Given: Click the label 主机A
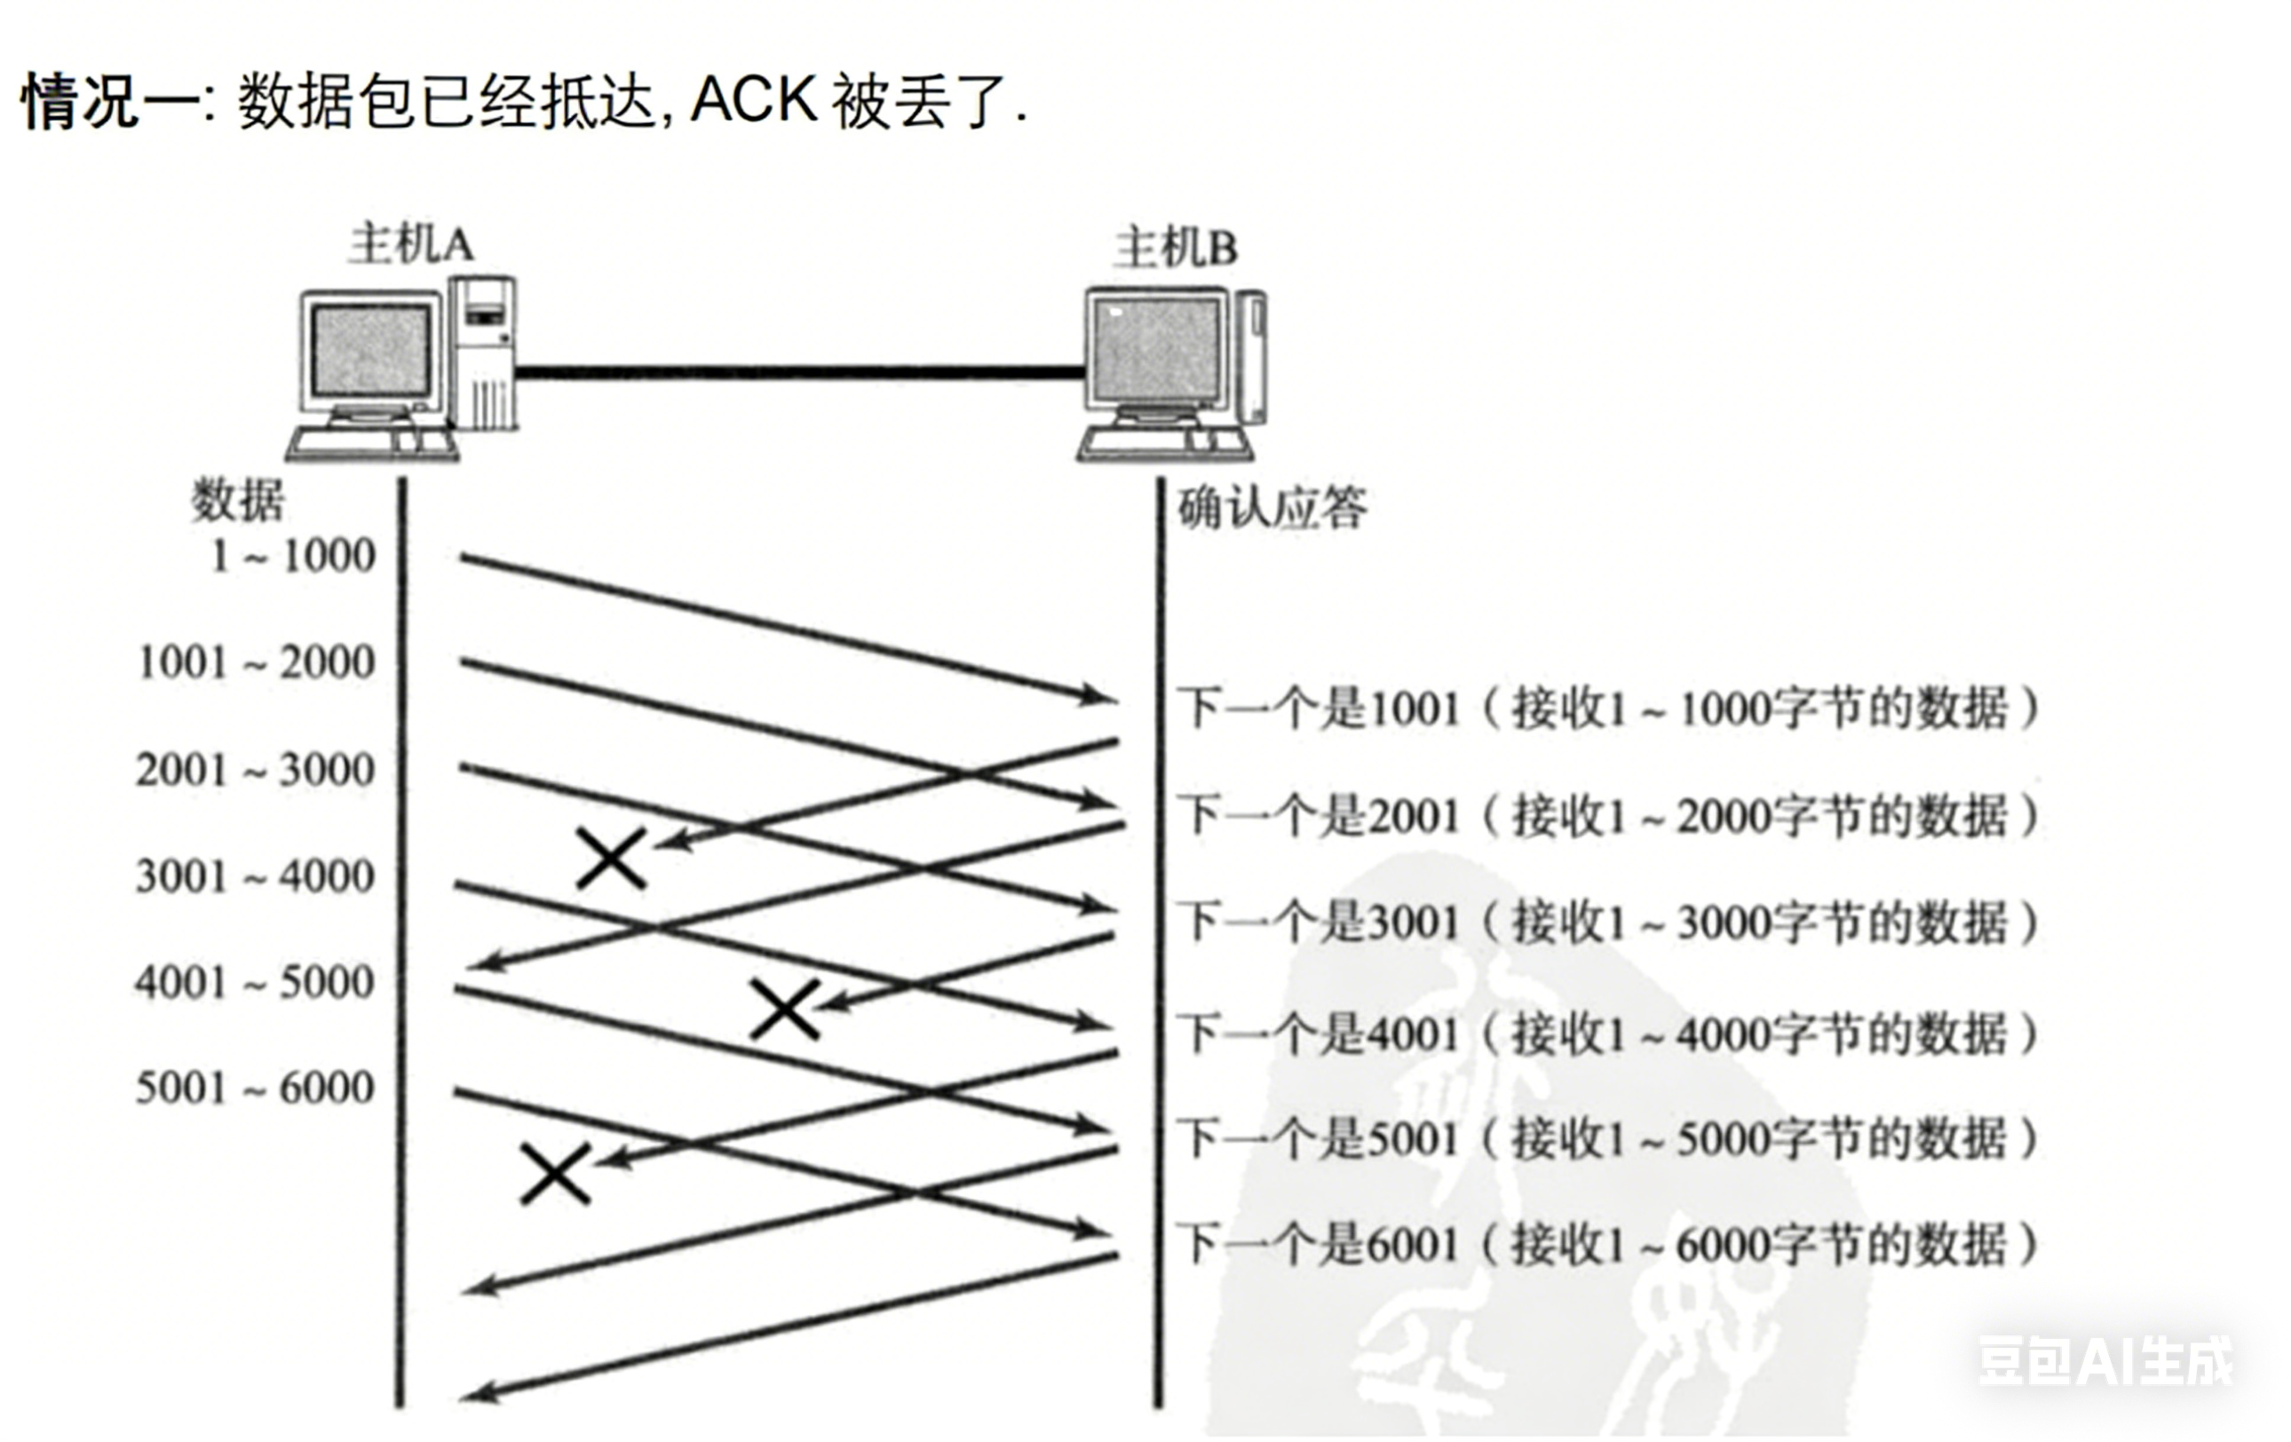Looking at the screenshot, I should pyautogui.click(x=410, y=244).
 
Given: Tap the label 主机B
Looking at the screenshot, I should pyautogui.click(x=1176, y=249).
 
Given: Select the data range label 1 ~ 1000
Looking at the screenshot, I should pyautogui.click(x=293, y=556).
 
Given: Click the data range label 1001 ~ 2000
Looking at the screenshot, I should pyautogui.click(x=257, y=662).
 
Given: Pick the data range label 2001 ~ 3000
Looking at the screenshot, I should pyautogui.click(x=255, y=770).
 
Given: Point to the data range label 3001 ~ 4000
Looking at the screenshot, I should pyautogui.click(x=255, y=876).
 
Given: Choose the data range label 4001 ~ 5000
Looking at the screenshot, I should pyautogui.click(x=255, y=982).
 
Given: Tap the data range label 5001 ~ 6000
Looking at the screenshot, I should pyautogui.click(x=255, y=1087).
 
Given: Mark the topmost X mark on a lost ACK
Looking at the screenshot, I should pyautogui.click(x=612, y=858).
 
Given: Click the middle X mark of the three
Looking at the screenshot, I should pyautogui.click(x=785, y=1010).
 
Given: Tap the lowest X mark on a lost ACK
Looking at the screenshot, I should pyautogui.click(x=556, y=1174).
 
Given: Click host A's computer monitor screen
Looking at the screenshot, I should pyautogui.click(x=371, y=351).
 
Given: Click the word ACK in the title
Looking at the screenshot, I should pyautogui.click(x=753, y=99).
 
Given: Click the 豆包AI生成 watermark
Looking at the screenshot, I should pyautogui.click(x=2105, y=1361).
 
